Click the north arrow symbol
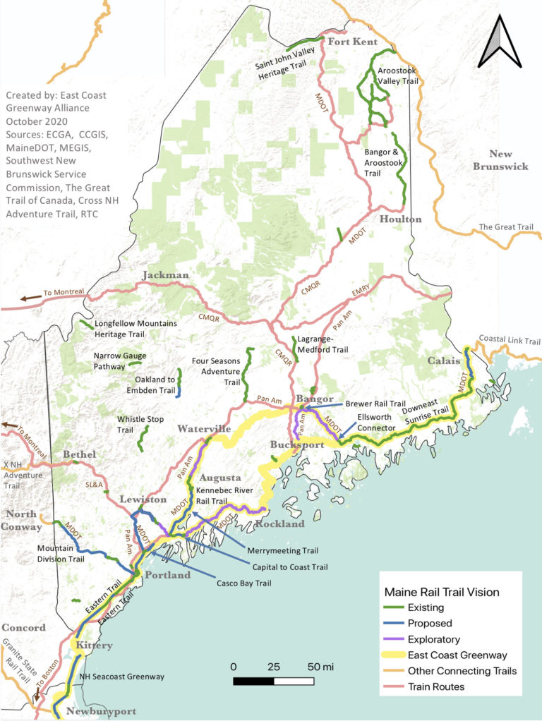(x=499, y=41)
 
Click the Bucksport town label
(x=297, y=445)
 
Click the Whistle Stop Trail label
(x=135, y=424)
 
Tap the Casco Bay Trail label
(x=244, y=583)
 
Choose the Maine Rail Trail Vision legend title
(x=441, y=592)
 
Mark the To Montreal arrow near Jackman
(x=28, y=298)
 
